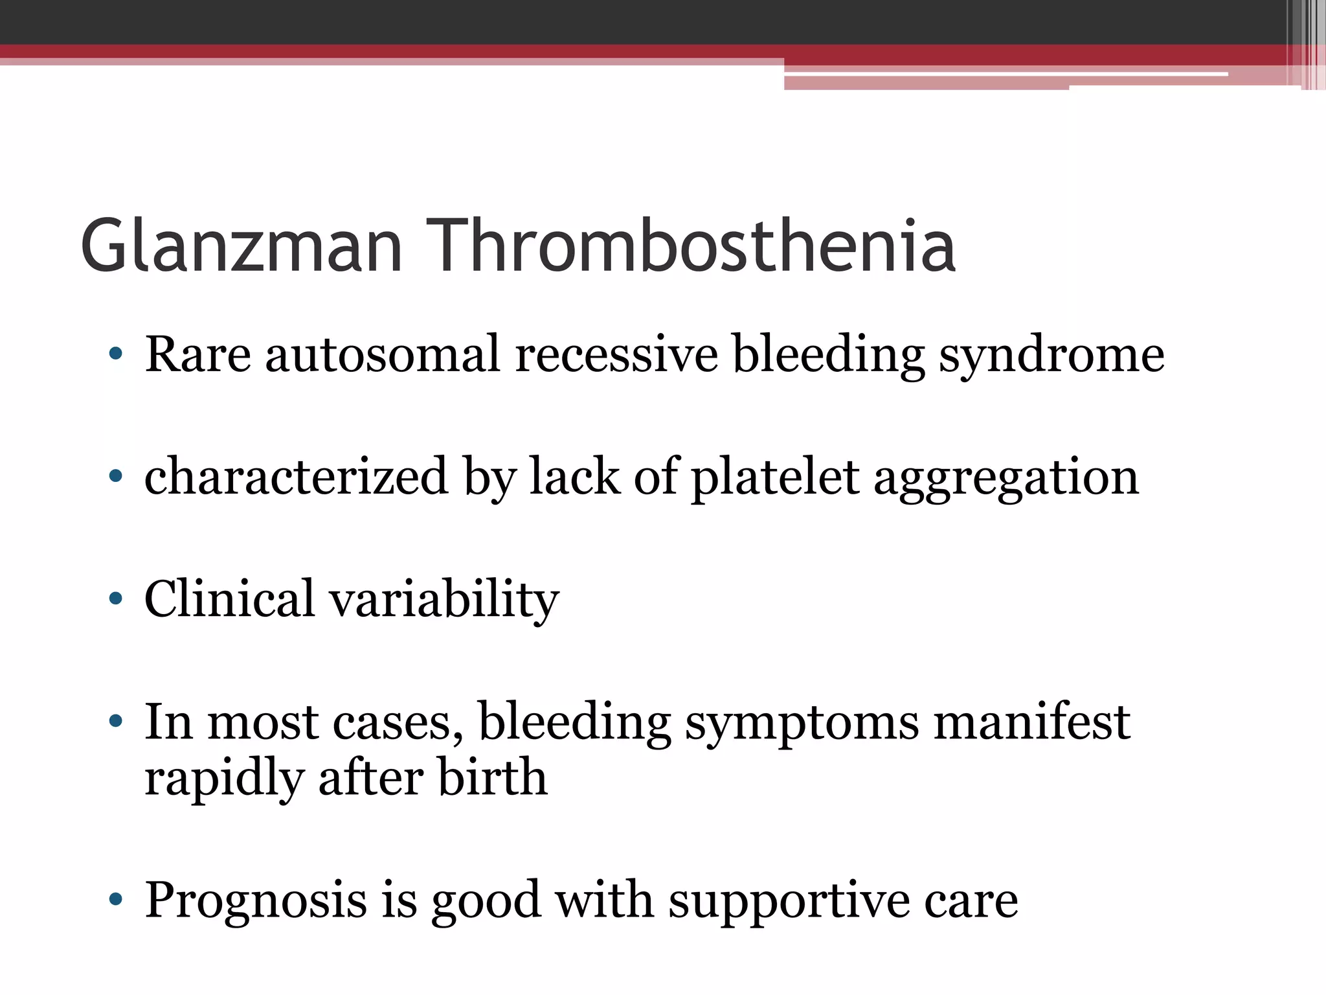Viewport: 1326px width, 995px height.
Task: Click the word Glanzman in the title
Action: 242,247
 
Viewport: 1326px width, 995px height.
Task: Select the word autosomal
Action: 383,354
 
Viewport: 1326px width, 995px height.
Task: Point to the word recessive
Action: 616,354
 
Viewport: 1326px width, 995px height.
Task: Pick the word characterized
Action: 296,476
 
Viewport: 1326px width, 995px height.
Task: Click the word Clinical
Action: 230,598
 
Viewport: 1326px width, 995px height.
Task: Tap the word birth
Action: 493,777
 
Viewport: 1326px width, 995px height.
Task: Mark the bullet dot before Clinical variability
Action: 116,599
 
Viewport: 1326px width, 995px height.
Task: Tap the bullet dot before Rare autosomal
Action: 116,354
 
